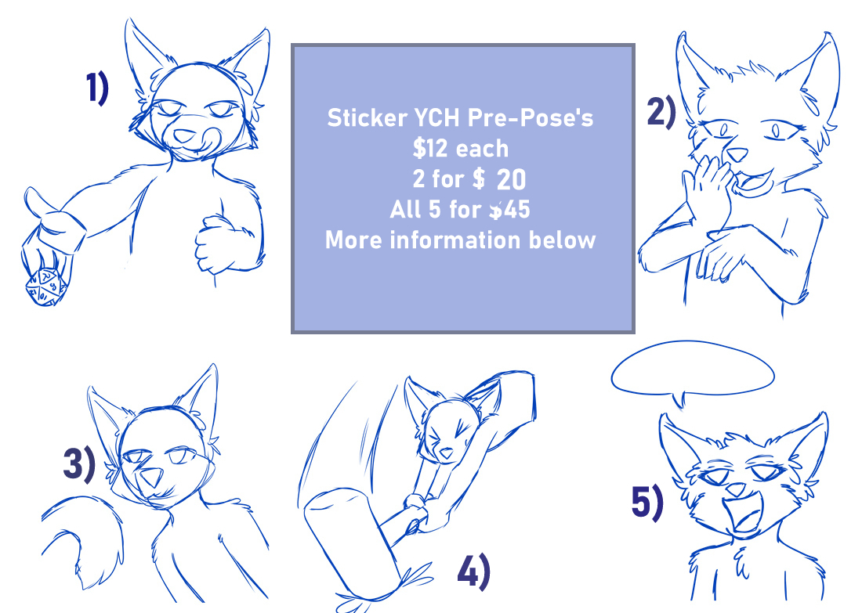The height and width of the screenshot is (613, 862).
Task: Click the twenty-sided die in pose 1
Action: pyautogui.click(x=45, y=287)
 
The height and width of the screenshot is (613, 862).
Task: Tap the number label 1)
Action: pyautogui.click(x=97, y=88)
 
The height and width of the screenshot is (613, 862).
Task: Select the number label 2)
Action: pyautogui.click(x=661, y=112)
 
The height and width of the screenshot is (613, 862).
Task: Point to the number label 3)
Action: pyautogui.click(x=79, y=465)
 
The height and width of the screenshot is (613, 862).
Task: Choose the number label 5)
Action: pyautogui.click(x=647, y=503)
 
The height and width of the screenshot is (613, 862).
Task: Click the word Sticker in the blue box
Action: pyautogui.click(x=368, y=118)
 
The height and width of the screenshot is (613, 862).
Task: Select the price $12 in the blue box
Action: pyautogui.click(x=430, y=148)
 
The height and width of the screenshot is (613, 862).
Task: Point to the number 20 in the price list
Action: pyautogui.click(x=511, y=179)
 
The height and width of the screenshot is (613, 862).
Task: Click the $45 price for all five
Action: pyautogui.click(x=509, y=209)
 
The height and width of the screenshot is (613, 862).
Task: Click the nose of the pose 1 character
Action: pyautogui.click(x=183, y=135)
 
